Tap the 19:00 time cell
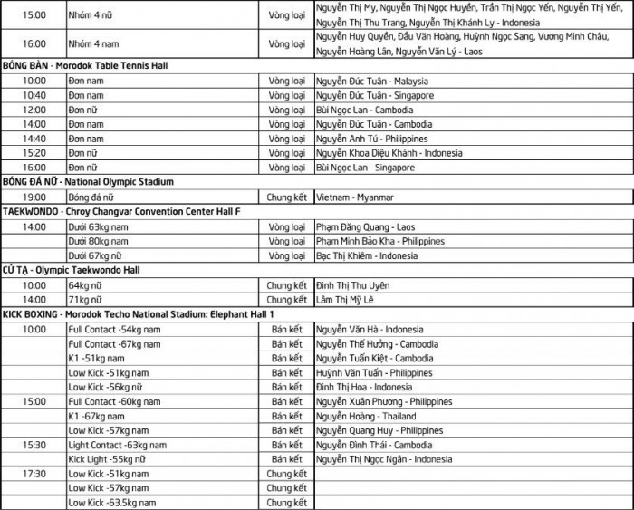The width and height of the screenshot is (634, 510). pos(34,197)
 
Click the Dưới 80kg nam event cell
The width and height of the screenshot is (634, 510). pos(99,241)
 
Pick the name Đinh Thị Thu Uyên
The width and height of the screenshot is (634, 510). pos(355,285)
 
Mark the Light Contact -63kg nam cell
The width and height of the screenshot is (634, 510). pos(117,445)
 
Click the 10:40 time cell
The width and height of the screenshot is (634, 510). pos(34,95)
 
